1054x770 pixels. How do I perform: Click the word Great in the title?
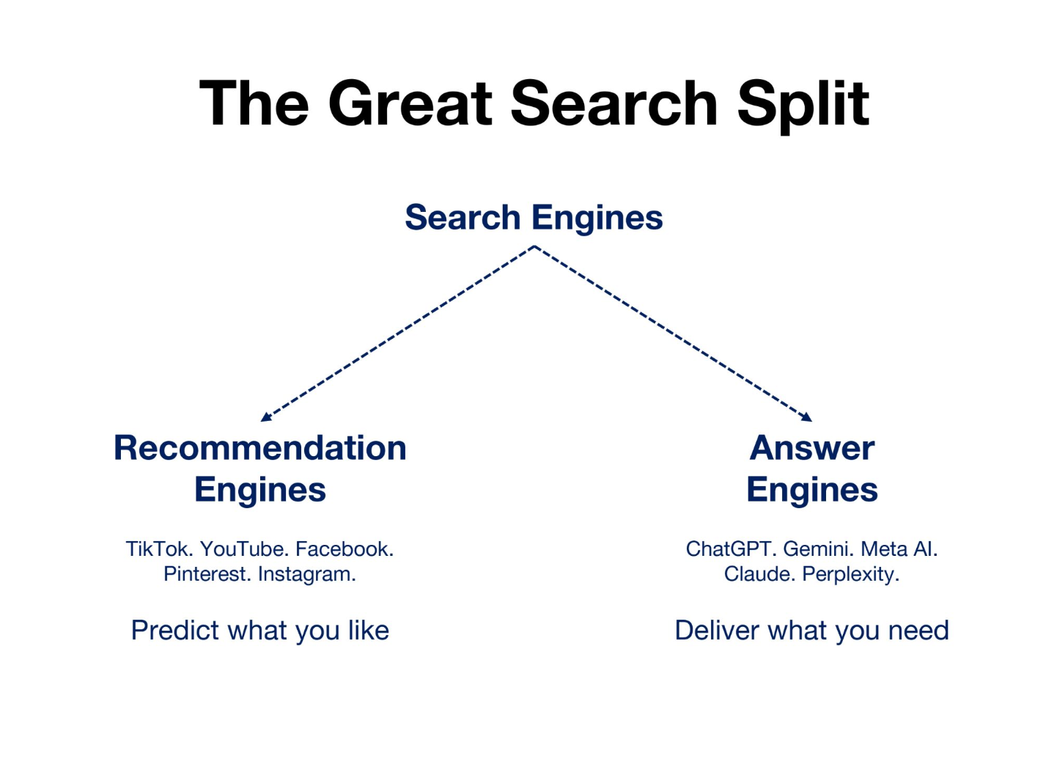[x=410, y=104]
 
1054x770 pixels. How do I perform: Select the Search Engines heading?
[x=534, y=218]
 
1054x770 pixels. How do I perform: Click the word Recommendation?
[x=260, y=448]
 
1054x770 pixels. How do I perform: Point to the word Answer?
[x=812, y=448]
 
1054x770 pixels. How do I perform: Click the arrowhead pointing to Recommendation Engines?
[x=265, y=417]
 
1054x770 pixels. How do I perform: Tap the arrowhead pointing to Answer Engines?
[x=807, y=417]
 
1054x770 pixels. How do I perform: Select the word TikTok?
[x=158, y=549]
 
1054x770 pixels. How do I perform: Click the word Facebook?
[x=344, y=549]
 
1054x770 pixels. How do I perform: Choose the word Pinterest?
[x=207, y=574]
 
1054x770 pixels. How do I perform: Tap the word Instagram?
[x=306, y=574]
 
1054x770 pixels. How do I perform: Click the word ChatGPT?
[x=731, y=549]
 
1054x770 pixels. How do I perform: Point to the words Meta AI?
[x=899, y=549]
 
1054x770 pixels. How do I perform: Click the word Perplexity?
[x=850, y=574]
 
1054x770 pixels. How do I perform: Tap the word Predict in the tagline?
[x=174, y=631]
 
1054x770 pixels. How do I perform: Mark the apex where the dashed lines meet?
[x=534, y=246]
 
